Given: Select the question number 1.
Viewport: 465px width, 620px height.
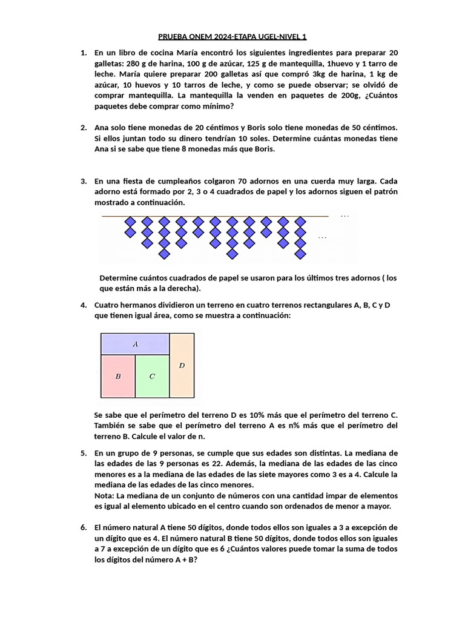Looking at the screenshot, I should tap(84, 53).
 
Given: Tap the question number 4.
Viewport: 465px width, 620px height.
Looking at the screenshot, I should tap(84, 305).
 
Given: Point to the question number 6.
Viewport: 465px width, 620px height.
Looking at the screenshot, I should tap(84, 527).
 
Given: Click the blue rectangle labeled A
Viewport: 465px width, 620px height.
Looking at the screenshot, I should tap(135, 344).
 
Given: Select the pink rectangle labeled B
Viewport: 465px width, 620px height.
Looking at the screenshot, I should tap(118, 376).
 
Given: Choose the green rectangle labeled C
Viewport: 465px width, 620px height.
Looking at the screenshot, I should tap(152, 376).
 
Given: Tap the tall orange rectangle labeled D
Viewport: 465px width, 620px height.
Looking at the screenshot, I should tap(182, 365).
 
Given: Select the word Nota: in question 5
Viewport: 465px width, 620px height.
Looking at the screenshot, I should tap(106, 496).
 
